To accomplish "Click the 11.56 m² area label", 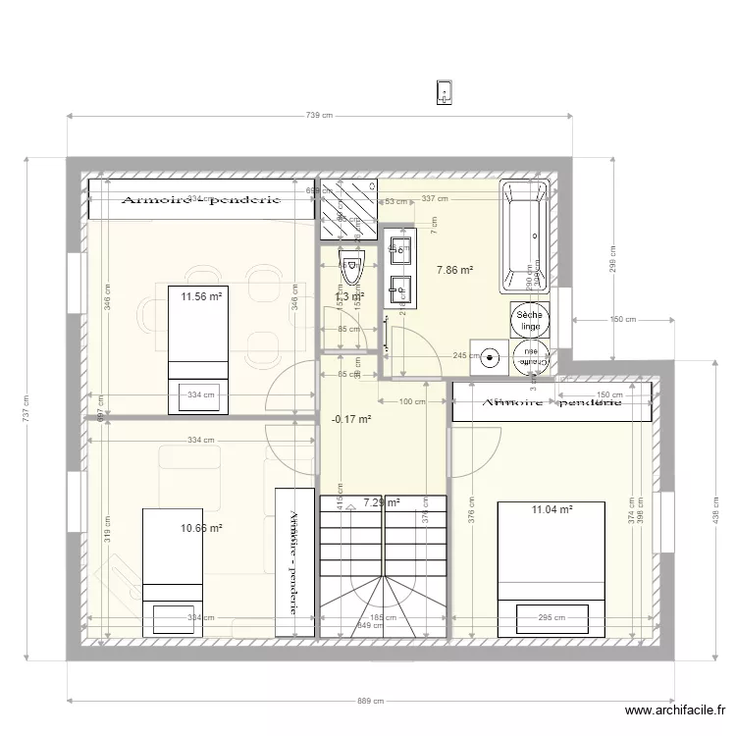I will (201, 294).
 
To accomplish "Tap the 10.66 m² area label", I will (201, 527).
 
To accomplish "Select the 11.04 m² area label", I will (552, 509).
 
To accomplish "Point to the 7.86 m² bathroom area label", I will (455, 270).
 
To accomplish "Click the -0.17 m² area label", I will (351, 419).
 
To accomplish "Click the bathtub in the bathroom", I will (524, 237).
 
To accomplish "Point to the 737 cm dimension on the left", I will (27, 406).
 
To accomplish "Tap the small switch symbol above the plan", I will (445, 92).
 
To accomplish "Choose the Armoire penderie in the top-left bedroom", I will (201, 199).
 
